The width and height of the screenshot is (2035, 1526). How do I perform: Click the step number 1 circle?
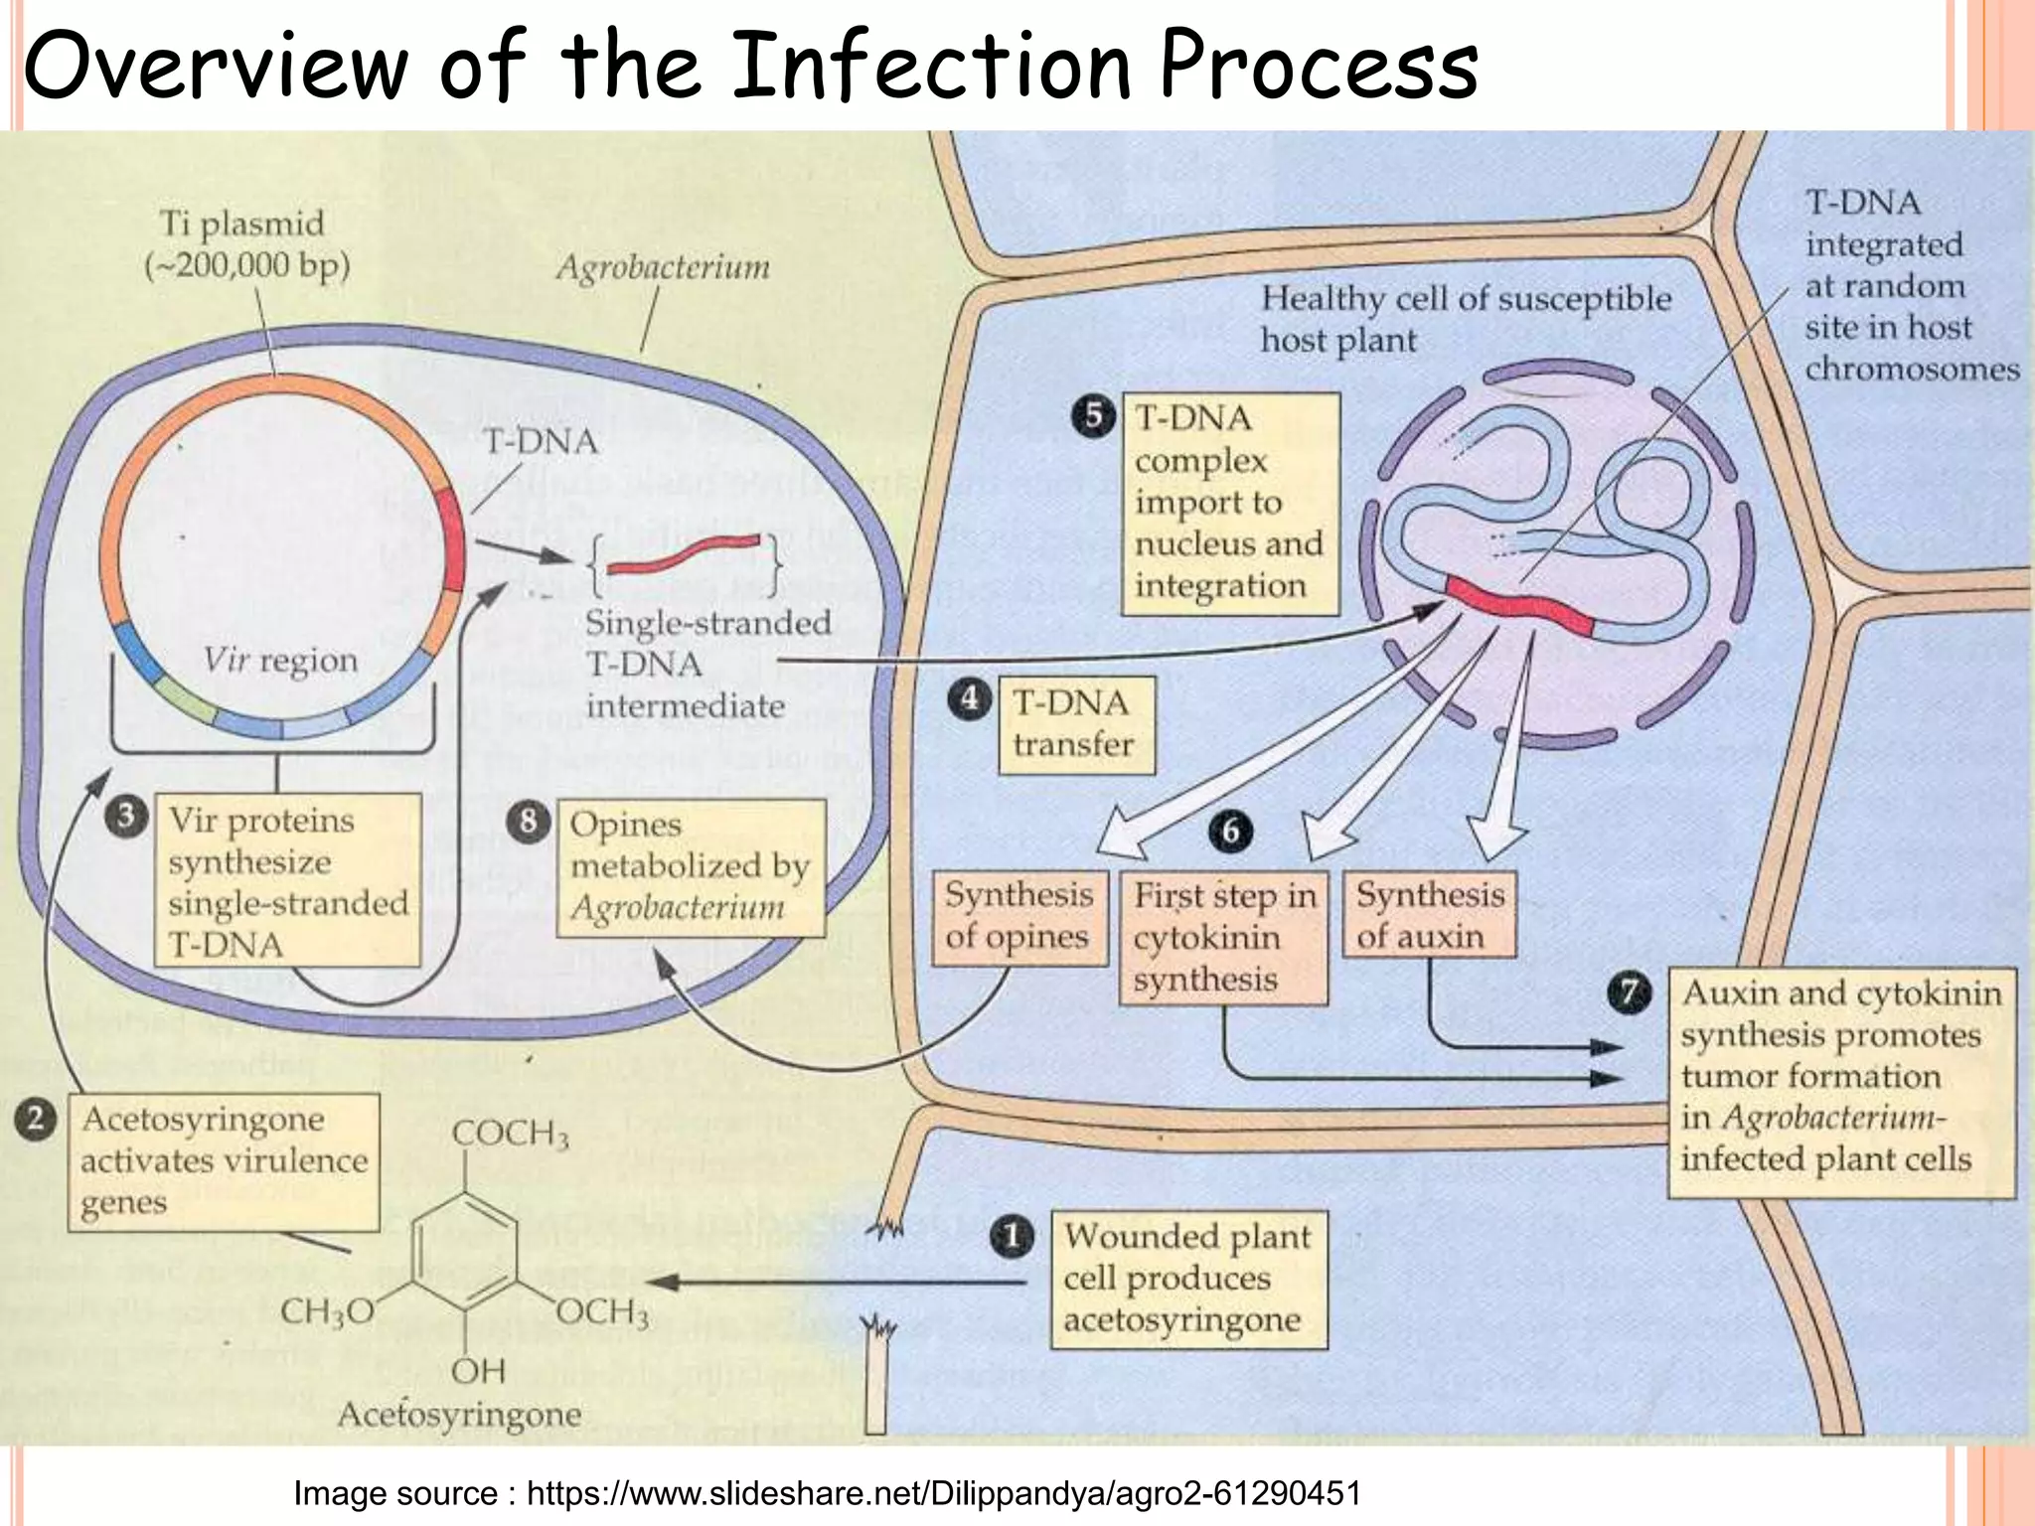tap(1012, 1238)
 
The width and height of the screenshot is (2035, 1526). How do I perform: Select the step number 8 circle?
tap(529, 822)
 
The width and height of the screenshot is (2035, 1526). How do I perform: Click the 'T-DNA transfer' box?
tap(1076, 725)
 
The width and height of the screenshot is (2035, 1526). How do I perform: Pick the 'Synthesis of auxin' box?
tap(1429, 915)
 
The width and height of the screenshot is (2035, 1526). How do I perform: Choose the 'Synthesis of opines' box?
tap(1018, 917)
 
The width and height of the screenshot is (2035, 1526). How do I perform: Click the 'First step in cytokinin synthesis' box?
tap(1223, 938)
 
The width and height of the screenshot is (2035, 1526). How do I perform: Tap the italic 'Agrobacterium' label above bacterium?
tap(662, 267)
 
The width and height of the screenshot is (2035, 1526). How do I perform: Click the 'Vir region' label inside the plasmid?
tap(280, 661)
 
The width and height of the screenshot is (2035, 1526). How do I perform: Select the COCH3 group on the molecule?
tap(510, 1134)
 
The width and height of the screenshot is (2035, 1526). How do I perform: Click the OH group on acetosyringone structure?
tap(479, 1371)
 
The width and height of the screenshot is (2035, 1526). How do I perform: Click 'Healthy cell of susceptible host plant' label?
tap(1465, 319)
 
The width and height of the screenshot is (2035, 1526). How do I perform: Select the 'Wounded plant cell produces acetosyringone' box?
tap(1188, 1279)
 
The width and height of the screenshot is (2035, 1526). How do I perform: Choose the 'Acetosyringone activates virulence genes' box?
tap(224, 1161)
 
